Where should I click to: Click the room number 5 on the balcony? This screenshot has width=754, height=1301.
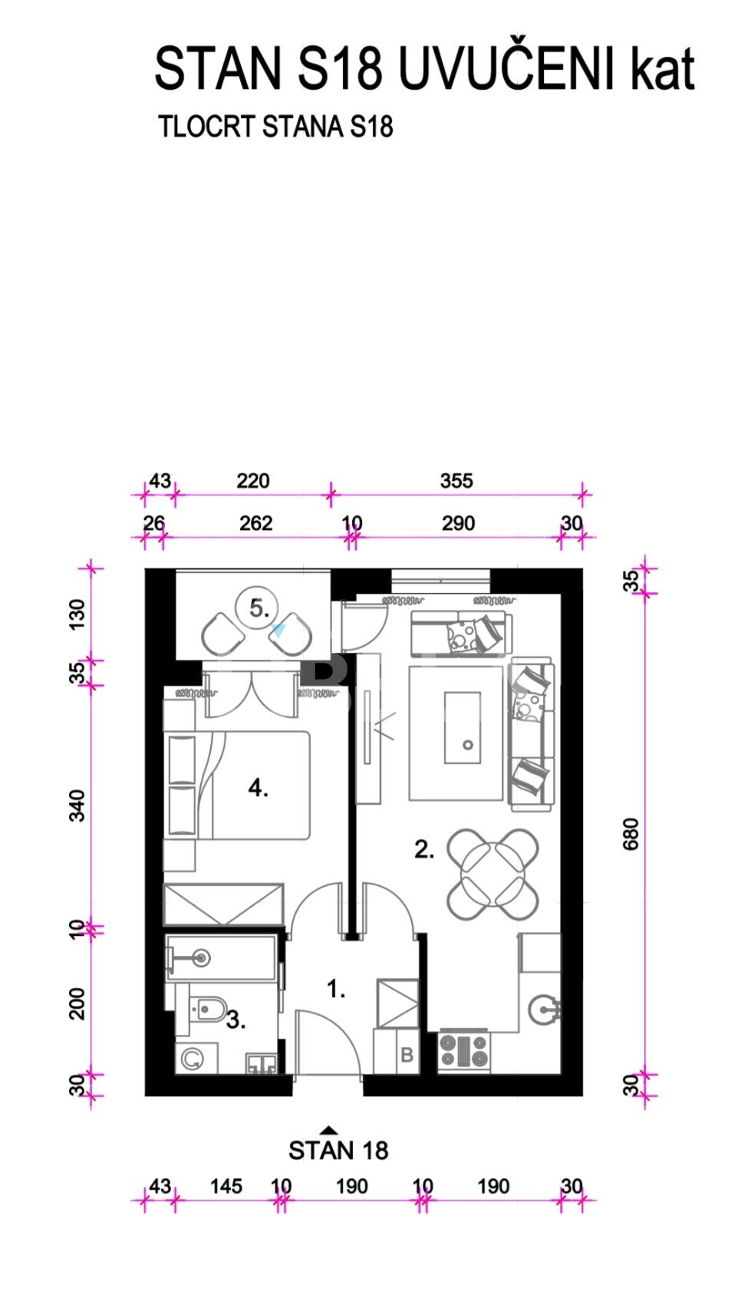[259, 608]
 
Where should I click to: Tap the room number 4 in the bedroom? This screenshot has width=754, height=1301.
[258, 788]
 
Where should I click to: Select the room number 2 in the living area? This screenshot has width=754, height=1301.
[424, 850]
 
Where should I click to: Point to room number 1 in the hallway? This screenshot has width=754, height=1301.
[336, 989]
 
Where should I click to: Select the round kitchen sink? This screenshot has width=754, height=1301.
[544, 1010]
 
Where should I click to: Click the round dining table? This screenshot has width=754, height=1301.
[492, 874]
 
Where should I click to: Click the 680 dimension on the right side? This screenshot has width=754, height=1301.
[631, 834]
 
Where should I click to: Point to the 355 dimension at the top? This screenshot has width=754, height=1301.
[456, 481]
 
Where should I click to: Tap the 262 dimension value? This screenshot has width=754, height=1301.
[255, 523]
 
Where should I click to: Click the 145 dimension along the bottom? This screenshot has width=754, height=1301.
[226, 1186]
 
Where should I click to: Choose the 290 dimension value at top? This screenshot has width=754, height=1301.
[459, 523]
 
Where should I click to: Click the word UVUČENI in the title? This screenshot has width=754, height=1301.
[506, 68]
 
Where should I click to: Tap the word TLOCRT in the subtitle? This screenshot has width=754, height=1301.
[207, 127]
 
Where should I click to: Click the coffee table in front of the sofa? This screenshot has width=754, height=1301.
[463, 728]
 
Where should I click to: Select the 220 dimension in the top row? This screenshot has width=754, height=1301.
[253, 481]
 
